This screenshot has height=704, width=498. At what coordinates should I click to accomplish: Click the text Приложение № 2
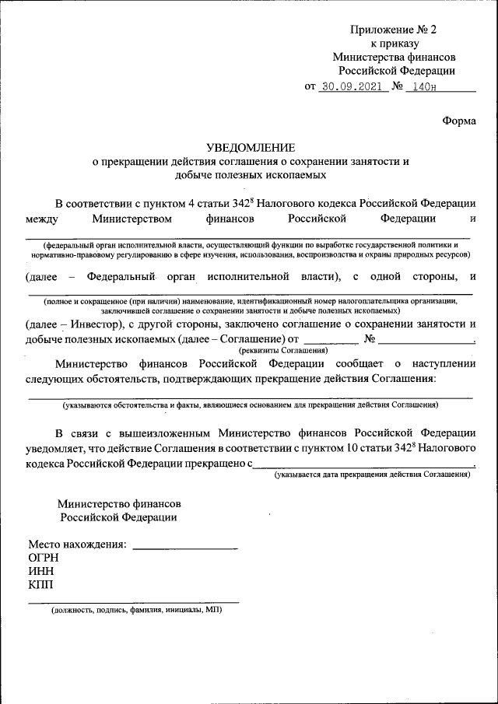tap(394, 30)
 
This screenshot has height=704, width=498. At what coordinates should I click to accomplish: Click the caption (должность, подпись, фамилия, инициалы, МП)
tap(136, 611)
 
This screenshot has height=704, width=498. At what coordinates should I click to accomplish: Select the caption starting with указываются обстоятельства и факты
tap(250, 405)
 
